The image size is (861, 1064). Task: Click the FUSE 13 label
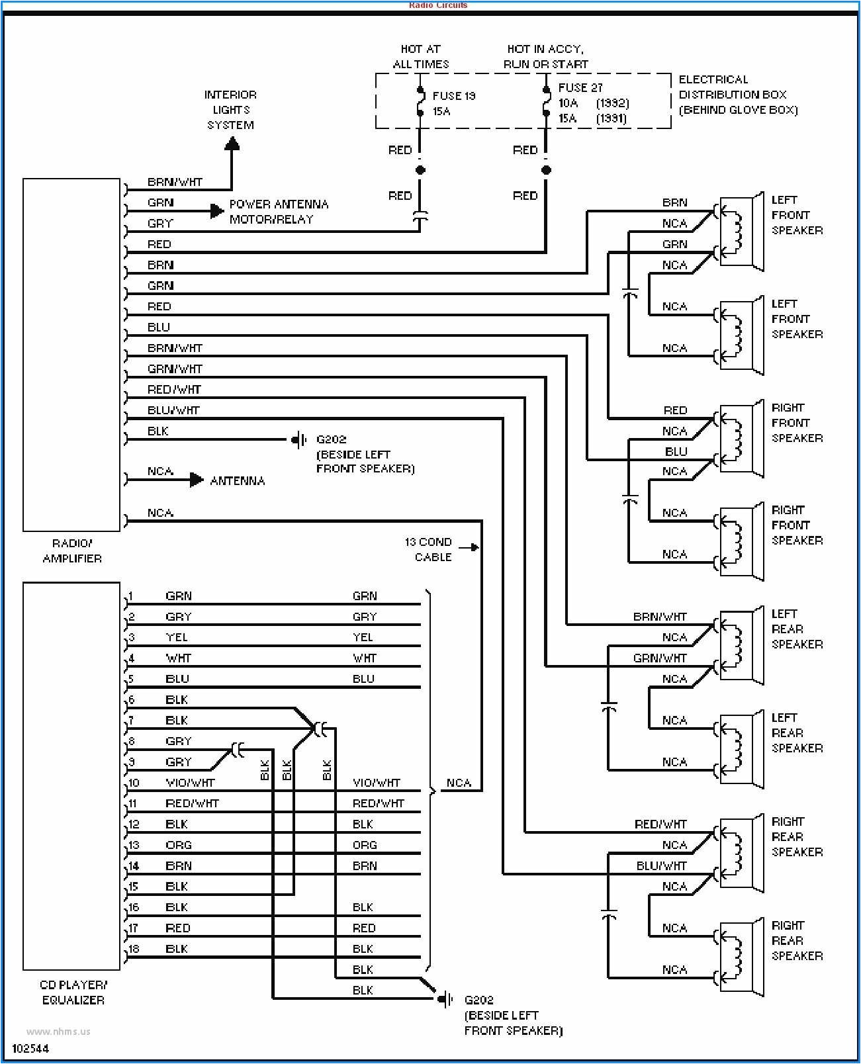tap(454, 96)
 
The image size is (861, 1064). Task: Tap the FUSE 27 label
tap(580, 87)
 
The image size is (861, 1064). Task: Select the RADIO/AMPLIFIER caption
tap(72, 551)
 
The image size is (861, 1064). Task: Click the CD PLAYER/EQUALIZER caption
tap(73, 992)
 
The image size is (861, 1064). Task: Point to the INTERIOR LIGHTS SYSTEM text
tap(230, 110)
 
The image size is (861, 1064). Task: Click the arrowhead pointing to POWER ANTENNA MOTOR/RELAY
tap(217, 211)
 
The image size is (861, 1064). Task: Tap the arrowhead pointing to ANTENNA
tap(197, 480)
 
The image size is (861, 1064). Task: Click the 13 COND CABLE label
tap(429, 549)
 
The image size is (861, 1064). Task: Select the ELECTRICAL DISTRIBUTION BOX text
tap(737, 95)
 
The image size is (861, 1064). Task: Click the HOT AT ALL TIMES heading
tap(420, 56)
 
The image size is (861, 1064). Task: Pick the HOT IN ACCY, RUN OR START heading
tap(545, 56)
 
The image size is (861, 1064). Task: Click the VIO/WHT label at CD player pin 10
tap(190, 783)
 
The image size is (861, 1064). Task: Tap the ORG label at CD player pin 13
tap(179, 845)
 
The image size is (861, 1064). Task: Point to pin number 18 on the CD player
tap(134, 949)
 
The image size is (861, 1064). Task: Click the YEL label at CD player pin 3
tap(177, 637)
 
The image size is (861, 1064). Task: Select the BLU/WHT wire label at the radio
tap(173, 410)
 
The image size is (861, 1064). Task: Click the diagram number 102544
tap(30, 1049)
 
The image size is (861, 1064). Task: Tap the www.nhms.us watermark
tap(58, 1031)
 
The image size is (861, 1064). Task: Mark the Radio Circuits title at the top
tap(438, 5)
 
